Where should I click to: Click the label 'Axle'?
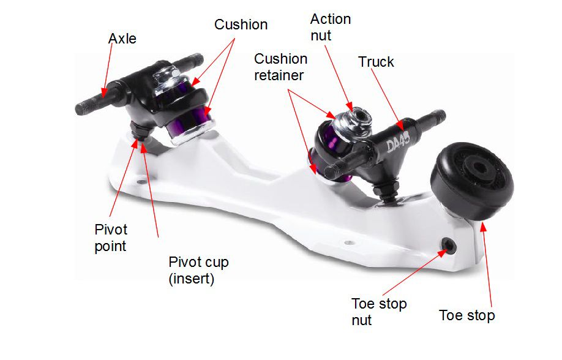122,39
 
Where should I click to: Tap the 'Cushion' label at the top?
241,25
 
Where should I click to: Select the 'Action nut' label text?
331,27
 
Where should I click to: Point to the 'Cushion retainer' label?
281,67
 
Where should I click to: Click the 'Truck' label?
376,62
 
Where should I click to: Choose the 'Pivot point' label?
111,237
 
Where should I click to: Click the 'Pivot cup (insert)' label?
198,270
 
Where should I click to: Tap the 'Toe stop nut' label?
379,311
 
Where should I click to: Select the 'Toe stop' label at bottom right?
466,316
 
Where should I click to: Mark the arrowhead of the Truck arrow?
401,127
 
